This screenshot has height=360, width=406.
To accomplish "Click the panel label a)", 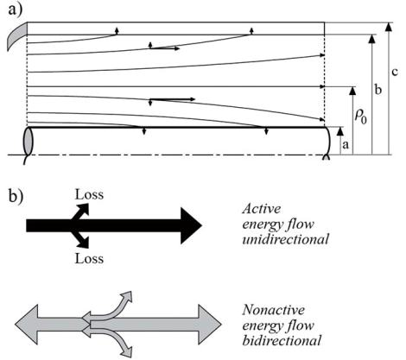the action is [x=16, y=10].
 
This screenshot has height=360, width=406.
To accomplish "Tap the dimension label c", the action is [x=395, y=72].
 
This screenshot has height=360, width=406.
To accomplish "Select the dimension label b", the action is [x=378, y=90].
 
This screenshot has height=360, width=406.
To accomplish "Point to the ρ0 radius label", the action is [x=361, y=117].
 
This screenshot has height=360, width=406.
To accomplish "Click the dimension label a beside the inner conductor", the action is [x=346, y=145].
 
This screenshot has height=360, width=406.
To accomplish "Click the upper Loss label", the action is [x=89, y=194].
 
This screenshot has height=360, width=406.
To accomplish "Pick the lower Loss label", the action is [x=89, y=258].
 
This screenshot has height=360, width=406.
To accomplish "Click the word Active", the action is [x=261, y=209].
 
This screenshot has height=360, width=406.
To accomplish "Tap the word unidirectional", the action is [x=285, y=239].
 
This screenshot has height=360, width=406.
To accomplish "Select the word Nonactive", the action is [x=273, y=310].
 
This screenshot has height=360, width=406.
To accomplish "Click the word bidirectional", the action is [x=282, y=341].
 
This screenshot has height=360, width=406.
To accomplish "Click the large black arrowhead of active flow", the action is [x=191, y=226].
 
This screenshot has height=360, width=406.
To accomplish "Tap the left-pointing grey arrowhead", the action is [x=27, y=325].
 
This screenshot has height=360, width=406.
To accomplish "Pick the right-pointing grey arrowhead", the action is [x=210, y=325].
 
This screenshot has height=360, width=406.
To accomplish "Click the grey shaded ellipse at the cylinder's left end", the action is [x=29, y=142].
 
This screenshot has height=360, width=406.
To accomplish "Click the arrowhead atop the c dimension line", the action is [x=389, y=27].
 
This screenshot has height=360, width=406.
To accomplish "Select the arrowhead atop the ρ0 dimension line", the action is [x=352, y=91].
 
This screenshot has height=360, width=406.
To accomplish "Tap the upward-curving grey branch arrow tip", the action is [x=127, y=297].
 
